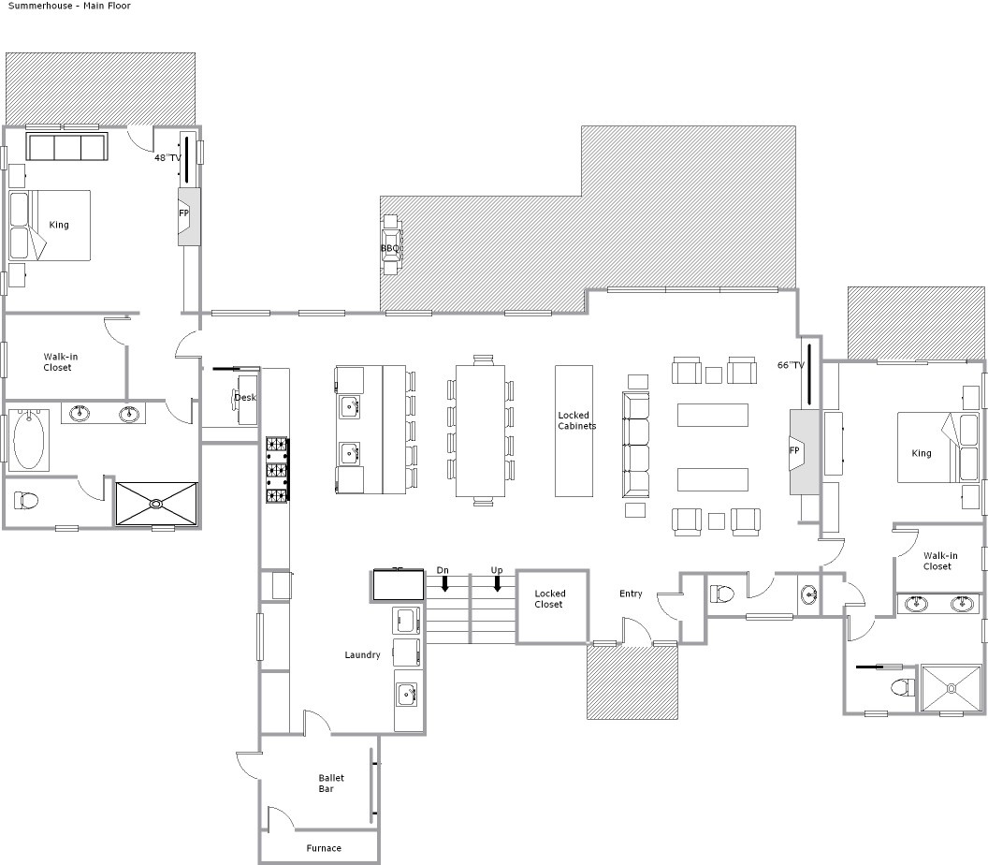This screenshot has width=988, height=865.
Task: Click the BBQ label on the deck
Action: point(390,248)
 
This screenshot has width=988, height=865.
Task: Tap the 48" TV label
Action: point(167,157)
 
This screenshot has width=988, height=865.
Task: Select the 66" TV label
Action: point(791,365)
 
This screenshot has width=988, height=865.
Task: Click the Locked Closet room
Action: point(553,608)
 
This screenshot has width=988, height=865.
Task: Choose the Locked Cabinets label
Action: point(576,420)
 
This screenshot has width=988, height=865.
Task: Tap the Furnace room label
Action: point(324,848)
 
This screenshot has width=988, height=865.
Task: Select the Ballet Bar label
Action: point(331,783)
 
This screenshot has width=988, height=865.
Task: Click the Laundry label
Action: point(362,655)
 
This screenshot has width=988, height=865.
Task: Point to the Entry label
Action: point(631,594)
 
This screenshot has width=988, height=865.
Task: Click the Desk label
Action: point(245,397)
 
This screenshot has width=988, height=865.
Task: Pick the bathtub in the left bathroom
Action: point(29,440)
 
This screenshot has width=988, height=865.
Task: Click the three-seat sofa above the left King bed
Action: point(66,146)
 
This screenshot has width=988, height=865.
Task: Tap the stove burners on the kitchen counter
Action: point(277,470)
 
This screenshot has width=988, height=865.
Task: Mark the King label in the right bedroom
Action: point(922,453)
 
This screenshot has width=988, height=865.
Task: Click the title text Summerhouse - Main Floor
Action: point(69,6)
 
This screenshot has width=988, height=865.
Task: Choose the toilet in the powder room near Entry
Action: point(722,594)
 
